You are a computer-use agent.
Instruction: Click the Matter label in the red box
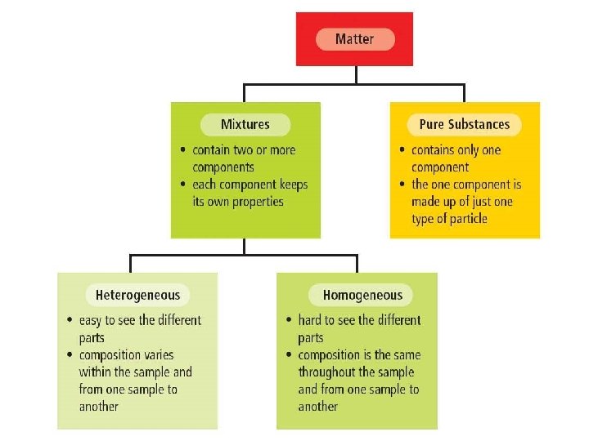[354, 38]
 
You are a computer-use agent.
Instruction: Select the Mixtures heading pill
[245, 125]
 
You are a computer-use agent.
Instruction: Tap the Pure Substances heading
[464, 125]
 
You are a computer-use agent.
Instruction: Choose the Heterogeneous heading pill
[137, 295]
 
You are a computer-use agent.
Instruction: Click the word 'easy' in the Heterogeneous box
[91, 320]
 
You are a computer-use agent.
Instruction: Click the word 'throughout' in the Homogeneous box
[328, 372]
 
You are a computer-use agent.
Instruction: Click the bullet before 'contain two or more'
[183, 150]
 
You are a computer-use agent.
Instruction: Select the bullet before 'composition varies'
[70, 355]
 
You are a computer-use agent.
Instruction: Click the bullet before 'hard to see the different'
[289, 320]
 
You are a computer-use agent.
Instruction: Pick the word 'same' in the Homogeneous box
[404, 355]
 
